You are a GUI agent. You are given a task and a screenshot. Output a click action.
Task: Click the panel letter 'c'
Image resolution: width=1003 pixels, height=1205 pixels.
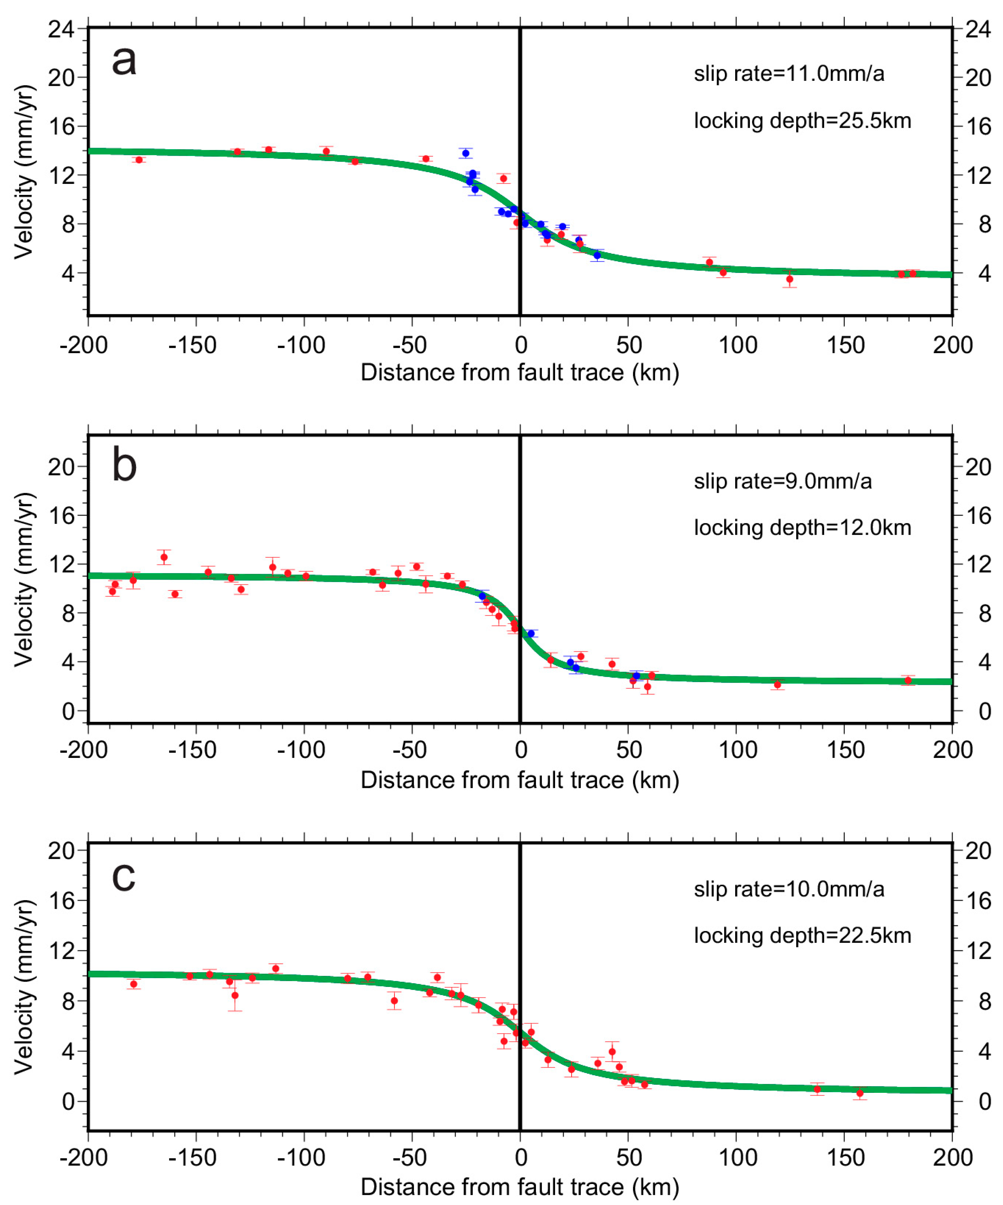point(124,876)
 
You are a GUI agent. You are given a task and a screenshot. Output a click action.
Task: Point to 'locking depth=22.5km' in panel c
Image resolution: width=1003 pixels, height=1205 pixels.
point(802,936)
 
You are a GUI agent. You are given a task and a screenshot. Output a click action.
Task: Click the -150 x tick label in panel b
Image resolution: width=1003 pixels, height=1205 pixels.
point(192,750)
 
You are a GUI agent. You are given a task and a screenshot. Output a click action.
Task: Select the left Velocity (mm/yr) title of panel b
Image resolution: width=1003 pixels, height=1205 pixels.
point(24,580)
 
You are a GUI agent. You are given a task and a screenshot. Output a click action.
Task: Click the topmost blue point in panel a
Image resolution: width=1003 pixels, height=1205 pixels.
point(465,153)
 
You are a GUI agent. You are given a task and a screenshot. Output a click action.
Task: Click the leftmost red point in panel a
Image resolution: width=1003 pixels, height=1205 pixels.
point(139,159)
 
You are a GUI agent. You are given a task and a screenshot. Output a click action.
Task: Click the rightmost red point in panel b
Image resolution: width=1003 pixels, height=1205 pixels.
point(908,681)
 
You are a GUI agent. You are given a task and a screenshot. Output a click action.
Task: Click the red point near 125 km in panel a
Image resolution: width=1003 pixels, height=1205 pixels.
point(790,279)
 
